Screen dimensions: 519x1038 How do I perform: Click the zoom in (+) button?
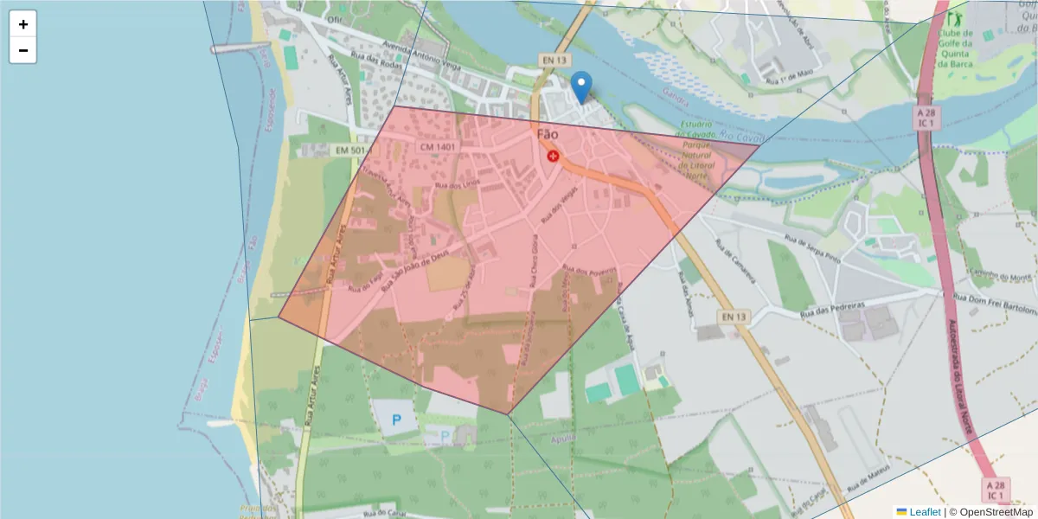point(23,24)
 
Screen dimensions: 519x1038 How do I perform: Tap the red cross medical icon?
point(553,156)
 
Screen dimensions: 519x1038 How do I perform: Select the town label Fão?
point(548,135)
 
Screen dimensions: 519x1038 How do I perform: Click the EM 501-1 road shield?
point(353,151)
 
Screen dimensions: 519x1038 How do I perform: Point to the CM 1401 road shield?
point(438,147)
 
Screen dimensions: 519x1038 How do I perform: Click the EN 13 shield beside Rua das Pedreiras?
point(733,317)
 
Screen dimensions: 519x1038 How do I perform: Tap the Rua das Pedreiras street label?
point(834,310)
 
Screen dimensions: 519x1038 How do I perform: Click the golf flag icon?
point(955,17)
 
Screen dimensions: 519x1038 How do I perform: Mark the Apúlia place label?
point(562,438)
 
